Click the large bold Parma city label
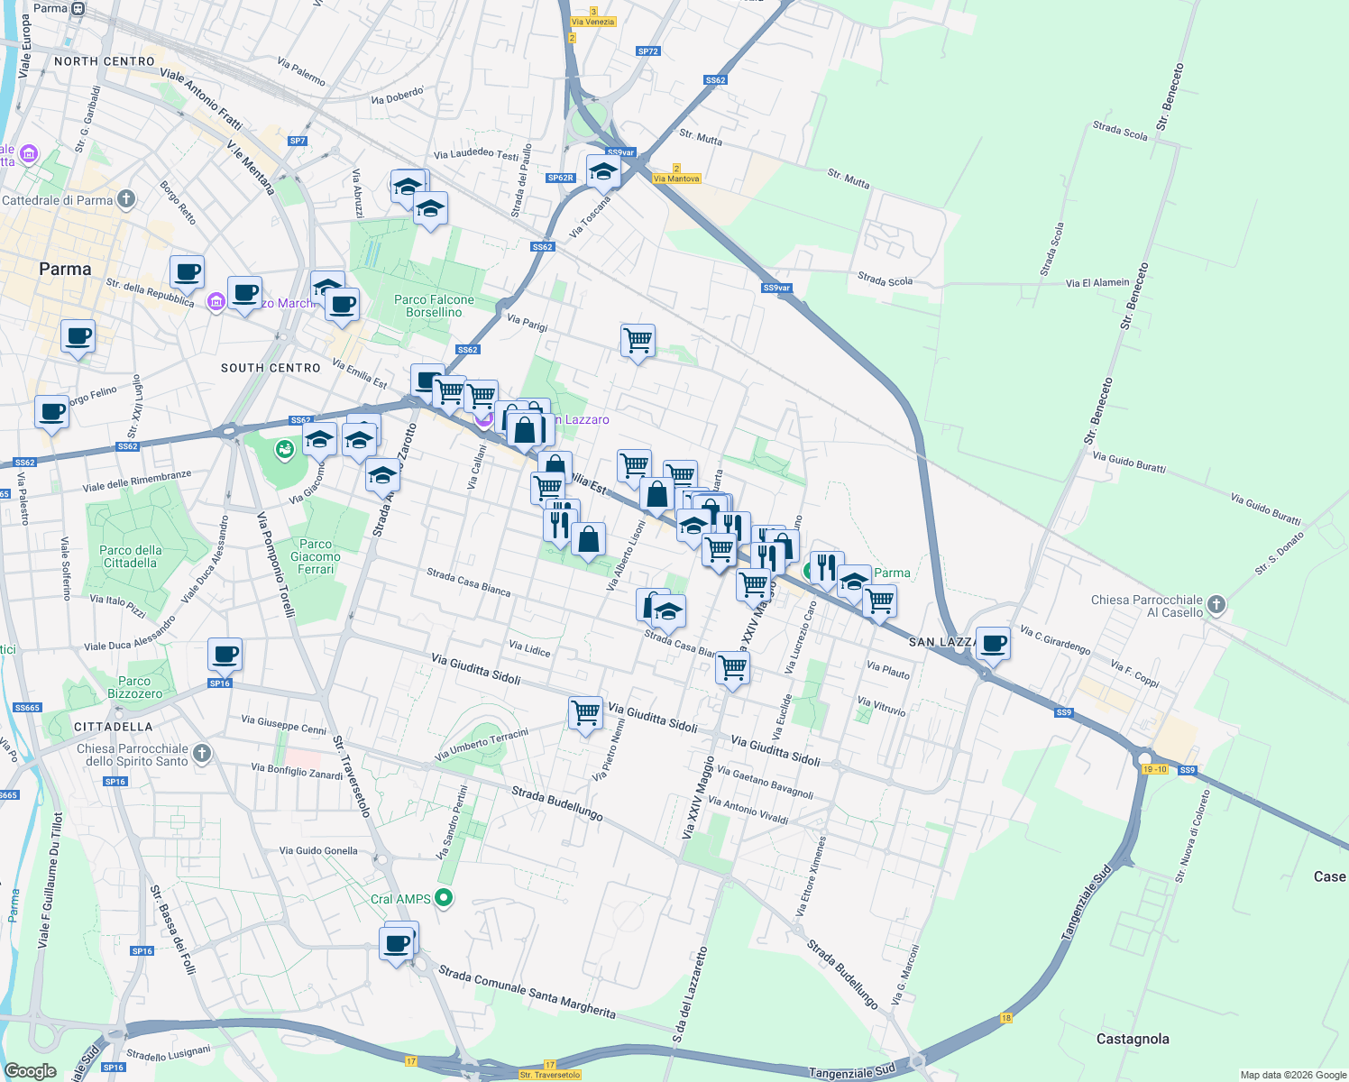(x=65, y=269)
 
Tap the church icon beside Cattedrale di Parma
(x=126, y=199)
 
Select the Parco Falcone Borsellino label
(x=434, y=306)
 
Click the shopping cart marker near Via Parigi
(x=638, y=341)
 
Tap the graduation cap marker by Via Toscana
(x=602, y=171)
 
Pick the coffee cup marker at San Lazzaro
(x=993, y=644)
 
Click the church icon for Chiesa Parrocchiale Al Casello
(x=1216, y=605)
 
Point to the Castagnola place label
(x=1133, y=1039)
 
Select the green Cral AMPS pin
(x=443, y=898)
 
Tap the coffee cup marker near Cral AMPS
(x=397, y=944)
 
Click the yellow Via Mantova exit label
(x=676, y=179)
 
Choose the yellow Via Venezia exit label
(x=593, y=22)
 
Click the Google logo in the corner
(x=30, y=1071)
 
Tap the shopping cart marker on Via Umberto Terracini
(x=585, y=713)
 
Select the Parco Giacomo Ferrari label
(x=316, y=556)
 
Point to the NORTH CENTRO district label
(x=105, y=61)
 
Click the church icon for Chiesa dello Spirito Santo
(x=202, y=754)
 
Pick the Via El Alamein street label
(x=1097, y=282)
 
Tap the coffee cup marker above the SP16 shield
(x=225, y=655)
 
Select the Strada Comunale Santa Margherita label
(x=527, y=992)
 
